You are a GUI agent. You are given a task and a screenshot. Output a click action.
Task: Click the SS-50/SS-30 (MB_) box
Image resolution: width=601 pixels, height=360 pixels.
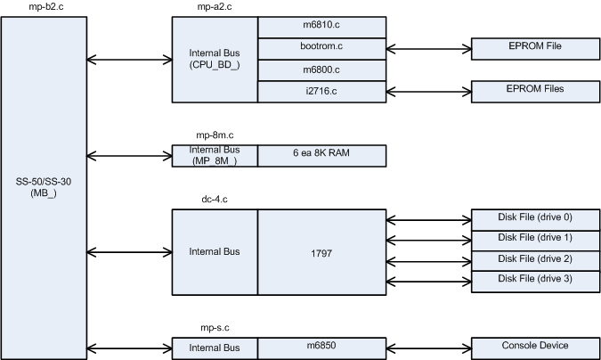(x=44, y=188)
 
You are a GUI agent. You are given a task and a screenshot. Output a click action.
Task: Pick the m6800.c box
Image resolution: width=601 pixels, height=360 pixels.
(x=322, y=70)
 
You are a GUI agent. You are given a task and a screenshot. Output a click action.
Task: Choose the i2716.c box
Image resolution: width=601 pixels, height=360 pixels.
(x=322, y=91)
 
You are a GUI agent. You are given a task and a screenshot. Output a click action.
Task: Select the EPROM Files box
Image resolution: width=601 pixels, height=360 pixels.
(x=534, y=91)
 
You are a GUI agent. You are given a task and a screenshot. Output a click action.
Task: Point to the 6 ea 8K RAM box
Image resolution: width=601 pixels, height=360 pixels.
(x=322, y=156)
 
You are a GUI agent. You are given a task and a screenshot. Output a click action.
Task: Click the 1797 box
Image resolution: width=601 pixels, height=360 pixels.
(x=322, y=252)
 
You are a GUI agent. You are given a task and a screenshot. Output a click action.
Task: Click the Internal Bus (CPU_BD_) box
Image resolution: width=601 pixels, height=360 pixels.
(x=215, y=59)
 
